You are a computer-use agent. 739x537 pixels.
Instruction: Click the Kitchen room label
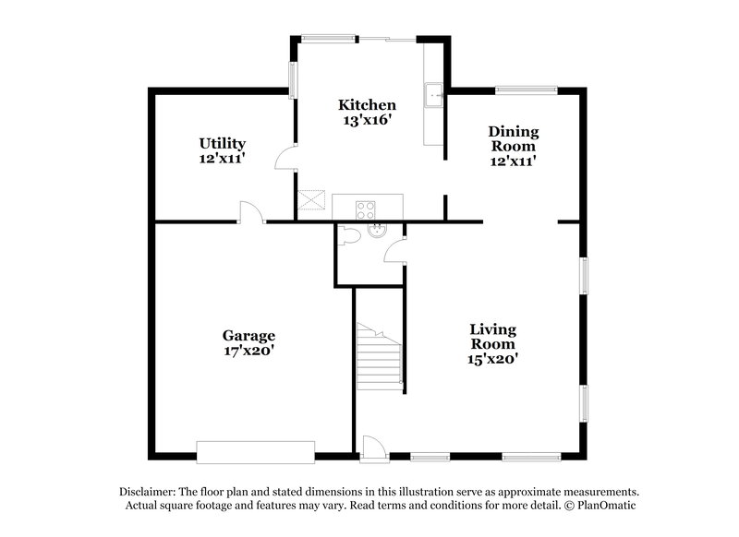tap(367, 105)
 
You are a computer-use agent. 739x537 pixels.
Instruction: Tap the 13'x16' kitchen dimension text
tap(367, 120)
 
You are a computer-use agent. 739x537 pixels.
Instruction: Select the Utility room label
tap(222, 143)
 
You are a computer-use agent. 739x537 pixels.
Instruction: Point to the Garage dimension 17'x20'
tap(248, 351)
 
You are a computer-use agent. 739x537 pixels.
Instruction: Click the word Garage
tap(248, 336)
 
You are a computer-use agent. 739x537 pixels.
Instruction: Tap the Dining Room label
tap(514, 138)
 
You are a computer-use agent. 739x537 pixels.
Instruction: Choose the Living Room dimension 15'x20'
tap(491, 359)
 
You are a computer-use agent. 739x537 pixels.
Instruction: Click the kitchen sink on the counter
tap(434, 94)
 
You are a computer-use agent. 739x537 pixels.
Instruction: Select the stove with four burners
tap(367, 207)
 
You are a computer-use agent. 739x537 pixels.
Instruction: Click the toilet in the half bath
tap(347, 236)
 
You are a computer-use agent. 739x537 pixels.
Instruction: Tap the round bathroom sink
tap(376, 231)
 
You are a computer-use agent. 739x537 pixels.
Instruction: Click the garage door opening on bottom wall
tap(257, 452)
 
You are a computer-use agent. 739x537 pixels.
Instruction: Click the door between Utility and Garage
tap(249, 213)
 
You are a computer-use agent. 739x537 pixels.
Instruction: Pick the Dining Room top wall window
tap(527, 90)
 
